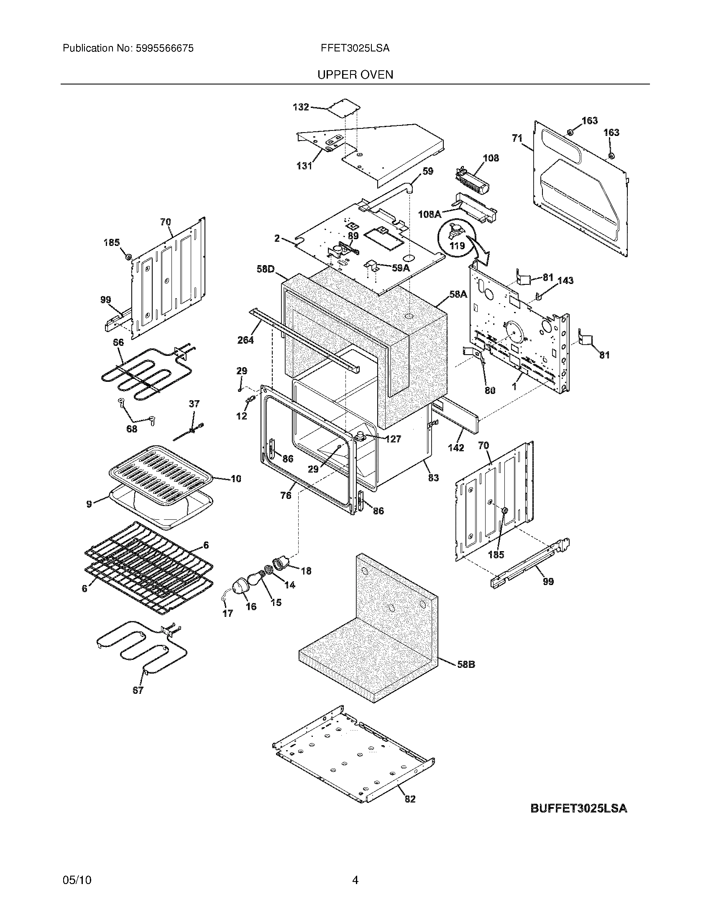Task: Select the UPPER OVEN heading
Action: click(x=355, y=74)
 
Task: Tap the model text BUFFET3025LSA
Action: click(x=578, y=808)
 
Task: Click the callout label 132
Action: click(x=301, y=107)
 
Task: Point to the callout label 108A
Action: click(x=429, y=214)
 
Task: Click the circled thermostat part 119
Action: click(x=457, y=237)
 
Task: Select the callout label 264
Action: click(x=245, y=340)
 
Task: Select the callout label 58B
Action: click(x=466, y=664)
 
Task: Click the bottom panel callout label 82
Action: click(x=409, y=798)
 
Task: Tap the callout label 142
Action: click(x=456, y=448)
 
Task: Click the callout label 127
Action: click(x=393, y=439)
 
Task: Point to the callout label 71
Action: click(x=517, y=138)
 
